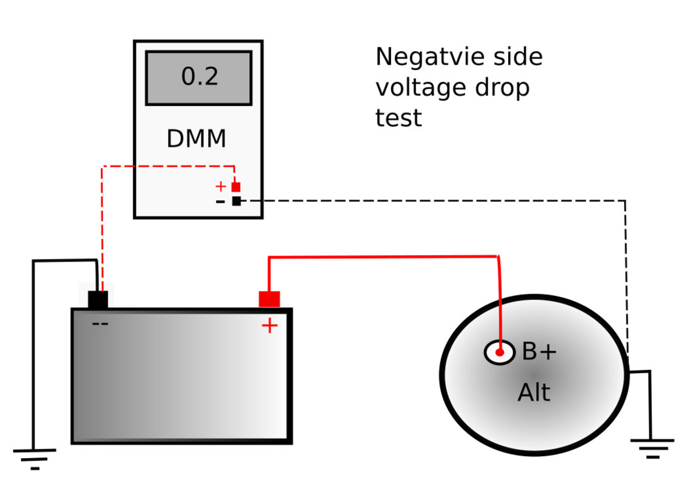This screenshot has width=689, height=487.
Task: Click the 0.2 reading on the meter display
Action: (199, 76)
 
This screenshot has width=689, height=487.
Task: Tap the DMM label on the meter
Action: (196, 139)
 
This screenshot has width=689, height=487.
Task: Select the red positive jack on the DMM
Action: (235, 187)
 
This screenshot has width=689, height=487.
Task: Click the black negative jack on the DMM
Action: (236, 201)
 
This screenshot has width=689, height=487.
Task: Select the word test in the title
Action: (398, 118)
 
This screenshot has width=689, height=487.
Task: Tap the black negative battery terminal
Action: (98, 299)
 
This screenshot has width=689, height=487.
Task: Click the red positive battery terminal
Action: (269, 299)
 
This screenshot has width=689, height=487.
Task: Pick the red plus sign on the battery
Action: (269, 326)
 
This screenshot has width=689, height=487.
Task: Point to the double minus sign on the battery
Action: (100, 324)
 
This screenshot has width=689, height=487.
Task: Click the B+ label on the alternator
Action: (539, 353)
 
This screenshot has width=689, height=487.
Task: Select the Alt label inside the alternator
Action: (533, 394)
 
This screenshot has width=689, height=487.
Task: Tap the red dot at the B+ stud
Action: (500, 353)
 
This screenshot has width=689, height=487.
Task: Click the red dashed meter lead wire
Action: (102, 224)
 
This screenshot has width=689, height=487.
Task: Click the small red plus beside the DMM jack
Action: (220, 186)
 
